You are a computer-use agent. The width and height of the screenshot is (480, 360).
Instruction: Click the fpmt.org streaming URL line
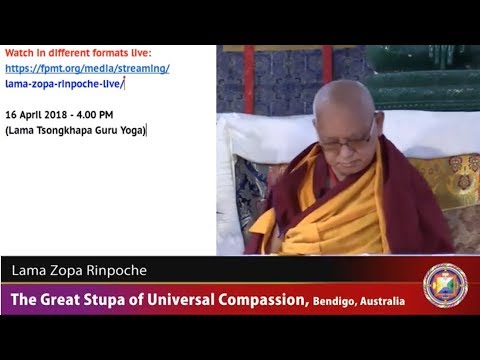(87, 68)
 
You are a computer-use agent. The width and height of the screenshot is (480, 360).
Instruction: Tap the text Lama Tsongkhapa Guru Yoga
(76, 129)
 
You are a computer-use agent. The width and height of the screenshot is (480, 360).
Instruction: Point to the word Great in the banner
(57, 299)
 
